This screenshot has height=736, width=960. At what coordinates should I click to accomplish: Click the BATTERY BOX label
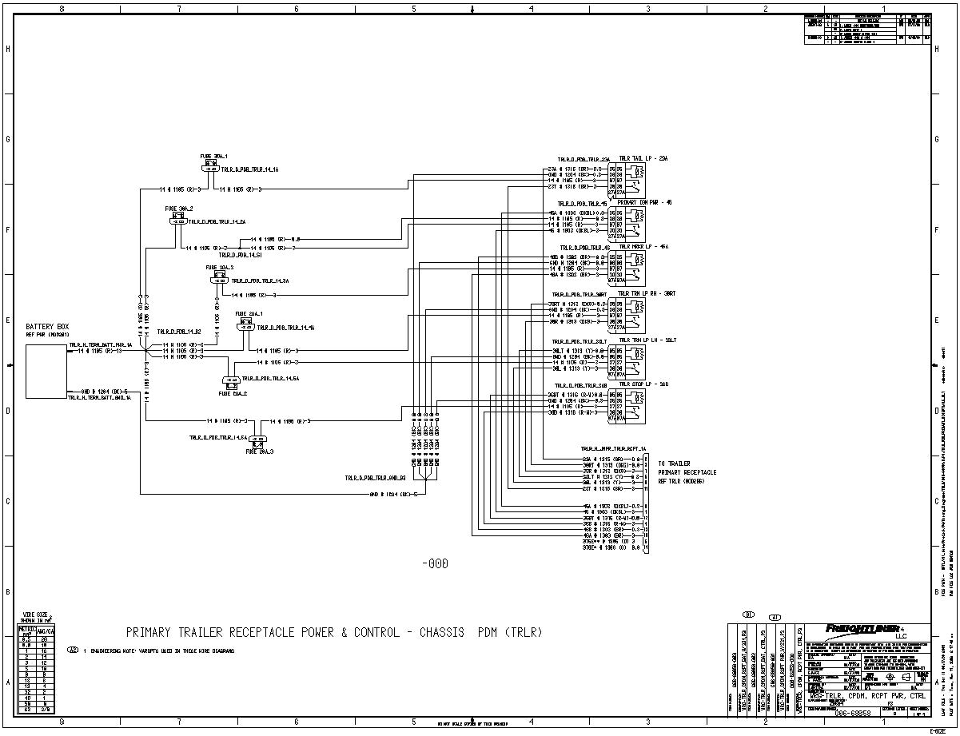[x=47, y=327]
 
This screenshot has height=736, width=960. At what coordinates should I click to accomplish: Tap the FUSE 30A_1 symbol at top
[x=213, y=169]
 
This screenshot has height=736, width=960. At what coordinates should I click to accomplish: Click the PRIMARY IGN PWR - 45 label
[x=644, y=202]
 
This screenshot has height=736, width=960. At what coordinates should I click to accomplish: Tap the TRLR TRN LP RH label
[x=647, y=293]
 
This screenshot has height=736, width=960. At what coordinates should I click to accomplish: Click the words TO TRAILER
[x=674, y=463]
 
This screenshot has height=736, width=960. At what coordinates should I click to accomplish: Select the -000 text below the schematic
[x=435, y=563]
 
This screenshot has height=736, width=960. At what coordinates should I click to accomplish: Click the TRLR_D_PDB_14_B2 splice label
[x=178, y=331]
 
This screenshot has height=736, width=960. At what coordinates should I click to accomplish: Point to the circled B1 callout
[x=749, y=615]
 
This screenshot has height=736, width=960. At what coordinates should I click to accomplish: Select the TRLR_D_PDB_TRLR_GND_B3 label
[x=376, y=478]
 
